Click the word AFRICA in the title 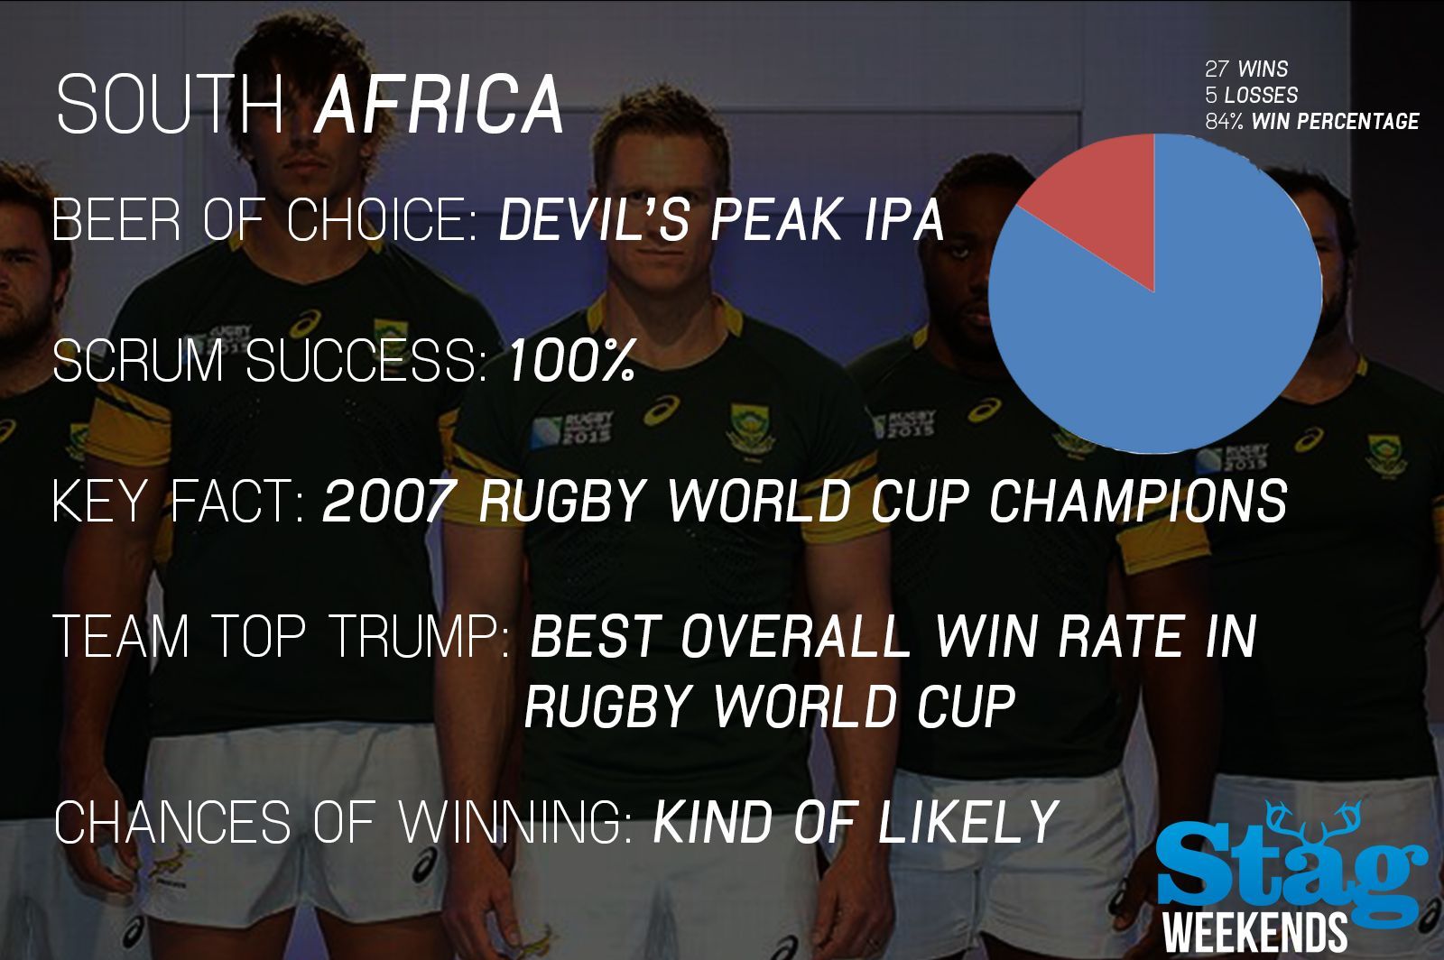pyautogui.click(x=439, y=104)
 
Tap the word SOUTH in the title pyautogui.click(x=171, y=104)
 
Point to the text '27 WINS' pyautogui.click(x=1246, y=69)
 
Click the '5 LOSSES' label pyautogui.click(x=1251, y=96)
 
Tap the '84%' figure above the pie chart pyautogui.click(x=1224, y=121)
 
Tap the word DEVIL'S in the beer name pyautogui.click(x=594, y=220)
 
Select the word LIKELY pyautogui.click(x=967, y=821)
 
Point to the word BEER pyautogui.click(x=116, y=220)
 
